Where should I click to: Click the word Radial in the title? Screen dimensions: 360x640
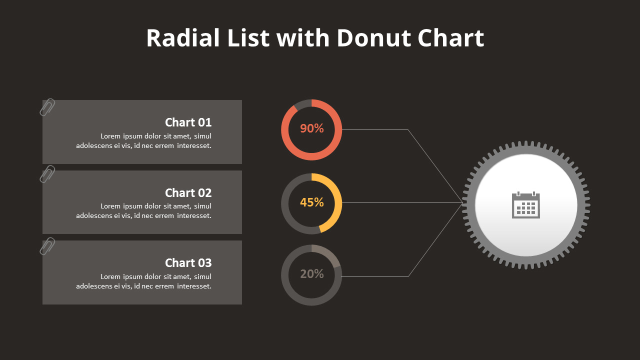click(183, 38)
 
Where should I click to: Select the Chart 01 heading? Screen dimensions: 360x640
click(188, 122)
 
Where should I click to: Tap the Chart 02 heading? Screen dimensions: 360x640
click(188, 193)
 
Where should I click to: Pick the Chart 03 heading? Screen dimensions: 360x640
click(188, 263)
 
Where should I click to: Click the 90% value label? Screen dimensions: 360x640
click(311, 128)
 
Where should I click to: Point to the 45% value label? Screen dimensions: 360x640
click(311, 202)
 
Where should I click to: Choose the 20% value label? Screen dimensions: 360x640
click(311, 274)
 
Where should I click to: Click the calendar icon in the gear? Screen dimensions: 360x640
click(526, 205)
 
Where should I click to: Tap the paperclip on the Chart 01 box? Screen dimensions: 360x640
click(47, 107)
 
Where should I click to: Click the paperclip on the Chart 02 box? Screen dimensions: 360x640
click(47, 174)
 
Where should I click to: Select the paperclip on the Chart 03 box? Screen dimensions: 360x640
click(47, 246)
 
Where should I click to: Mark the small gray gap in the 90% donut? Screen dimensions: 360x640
click(302, 104)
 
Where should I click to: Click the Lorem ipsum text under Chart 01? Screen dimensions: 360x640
click(143, 141)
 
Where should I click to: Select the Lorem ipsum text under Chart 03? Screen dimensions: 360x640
click(143, 281)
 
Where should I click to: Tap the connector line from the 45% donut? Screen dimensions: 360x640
click(400, 202)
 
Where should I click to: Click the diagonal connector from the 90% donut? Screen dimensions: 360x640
click(435, 166)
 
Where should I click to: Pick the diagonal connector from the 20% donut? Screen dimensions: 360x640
click(435, 239)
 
